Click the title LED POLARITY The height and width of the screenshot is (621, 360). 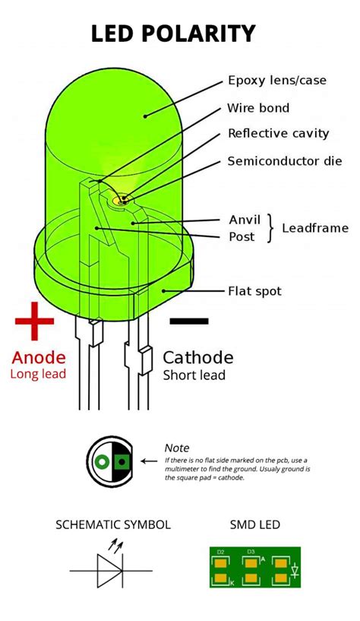[x=173, y=33]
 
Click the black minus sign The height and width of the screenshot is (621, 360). [x=188, y=322]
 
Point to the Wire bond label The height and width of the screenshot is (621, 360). [x=258, y=108]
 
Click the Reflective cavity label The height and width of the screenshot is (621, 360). [x=278, y=134]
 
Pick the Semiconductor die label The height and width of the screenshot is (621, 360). [x=285, y=161]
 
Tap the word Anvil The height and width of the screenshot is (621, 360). [x=245, y=220]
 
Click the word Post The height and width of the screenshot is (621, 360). [x=242, y=236]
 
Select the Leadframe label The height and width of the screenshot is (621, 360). [x=315, y=228]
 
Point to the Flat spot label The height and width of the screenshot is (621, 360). [x=254, y=291]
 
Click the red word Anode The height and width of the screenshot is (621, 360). [x=38, y=357]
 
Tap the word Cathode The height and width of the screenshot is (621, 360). [x=198, y=357]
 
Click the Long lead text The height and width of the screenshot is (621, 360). [x=38, y=374]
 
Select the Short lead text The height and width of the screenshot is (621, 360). [x=194, y=375]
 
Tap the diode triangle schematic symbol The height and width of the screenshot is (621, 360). [x=108, y=570]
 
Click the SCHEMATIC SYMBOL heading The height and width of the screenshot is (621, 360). [x=113, y=524]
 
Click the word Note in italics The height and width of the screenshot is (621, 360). [x=177, y=448]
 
